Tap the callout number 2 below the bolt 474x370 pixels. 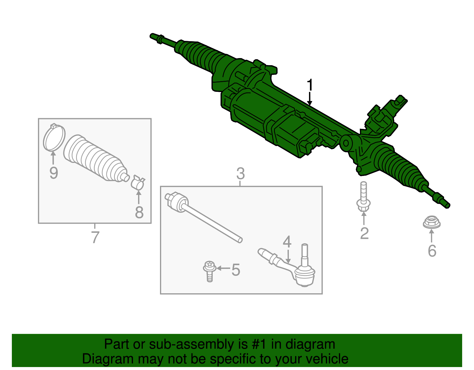364,233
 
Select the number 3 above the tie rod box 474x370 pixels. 240,174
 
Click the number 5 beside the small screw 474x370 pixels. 236,270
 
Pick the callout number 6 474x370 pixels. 432,251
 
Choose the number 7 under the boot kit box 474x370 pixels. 95,237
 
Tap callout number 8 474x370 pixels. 139,212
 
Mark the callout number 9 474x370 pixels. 54,173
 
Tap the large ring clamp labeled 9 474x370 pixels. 54,138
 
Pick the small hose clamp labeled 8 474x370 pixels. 138,182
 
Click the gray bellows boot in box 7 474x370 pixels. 95,158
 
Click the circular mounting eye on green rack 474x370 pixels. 346,143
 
